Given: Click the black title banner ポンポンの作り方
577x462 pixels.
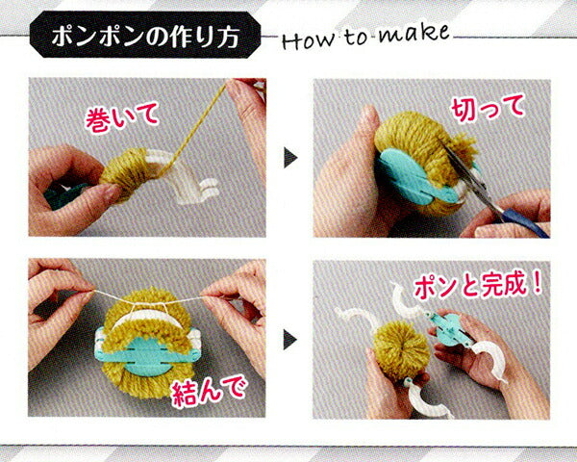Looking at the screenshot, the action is click(145, 35).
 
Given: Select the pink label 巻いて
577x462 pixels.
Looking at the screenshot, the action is click(122, 116).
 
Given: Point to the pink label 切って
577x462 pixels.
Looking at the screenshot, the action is click(488, 107).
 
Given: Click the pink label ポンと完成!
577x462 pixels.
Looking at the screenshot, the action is click(478, 286).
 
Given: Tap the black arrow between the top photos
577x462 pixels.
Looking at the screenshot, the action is click(290, 158).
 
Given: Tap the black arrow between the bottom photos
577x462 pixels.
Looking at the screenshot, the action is click(290, 340).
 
